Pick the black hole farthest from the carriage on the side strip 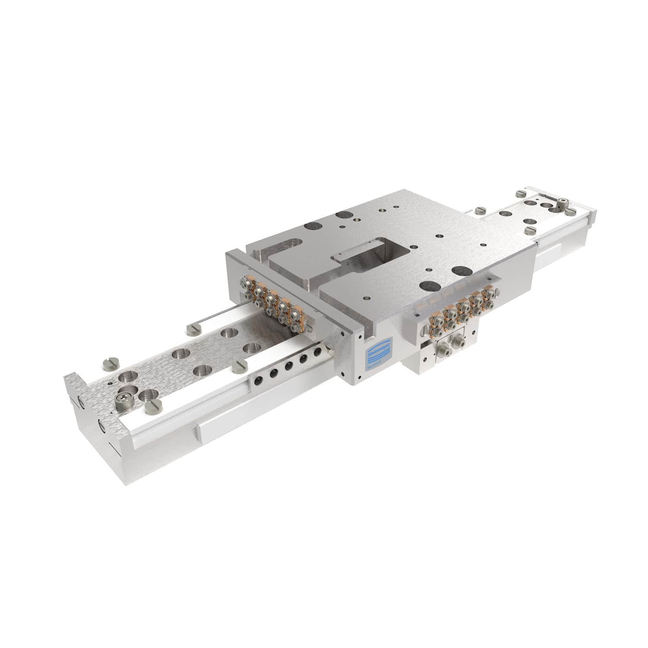pyautogui.click(x=258, y=380)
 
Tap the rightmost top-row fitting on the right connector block pyautogui.click(x=489, y=293)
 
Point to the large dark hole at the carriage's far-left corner pyautogui.click(x=311, y=225)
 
